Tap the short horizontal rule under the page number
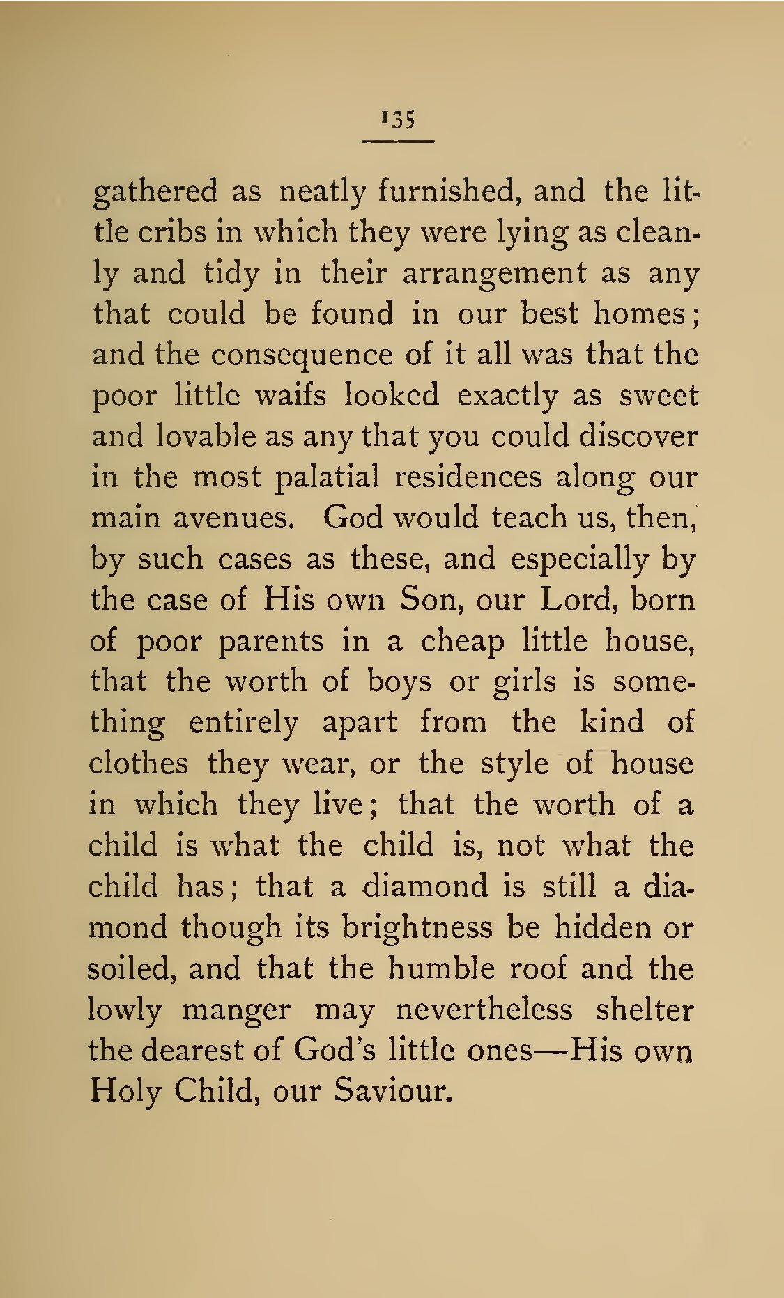click(x=398, y=141)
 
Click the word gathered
click(x=155, y=192)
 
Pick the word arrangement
click(x=494, y=273)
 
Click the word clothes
click(x=138, y=764)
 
